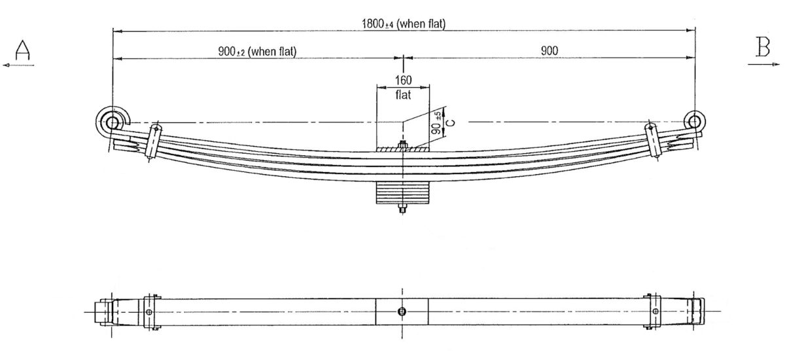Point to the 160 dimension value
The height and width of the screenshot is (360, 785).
(x=403, y=80)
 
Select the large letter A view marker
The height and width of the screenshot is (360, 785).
(x=24, y=49)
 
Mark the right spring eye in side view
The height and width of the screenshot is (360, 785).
(x=695, y=121)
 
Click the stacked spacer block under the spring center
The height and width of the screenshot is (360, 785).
(x=402, y=194)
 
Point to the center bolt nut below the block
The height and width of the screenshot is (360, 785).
(x=402, y=210)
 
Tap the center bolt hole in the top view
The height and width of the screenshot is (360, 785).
(x=402, y=312)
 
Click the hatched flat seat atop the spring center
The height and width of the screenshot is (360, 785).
(x=402, y=150)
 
